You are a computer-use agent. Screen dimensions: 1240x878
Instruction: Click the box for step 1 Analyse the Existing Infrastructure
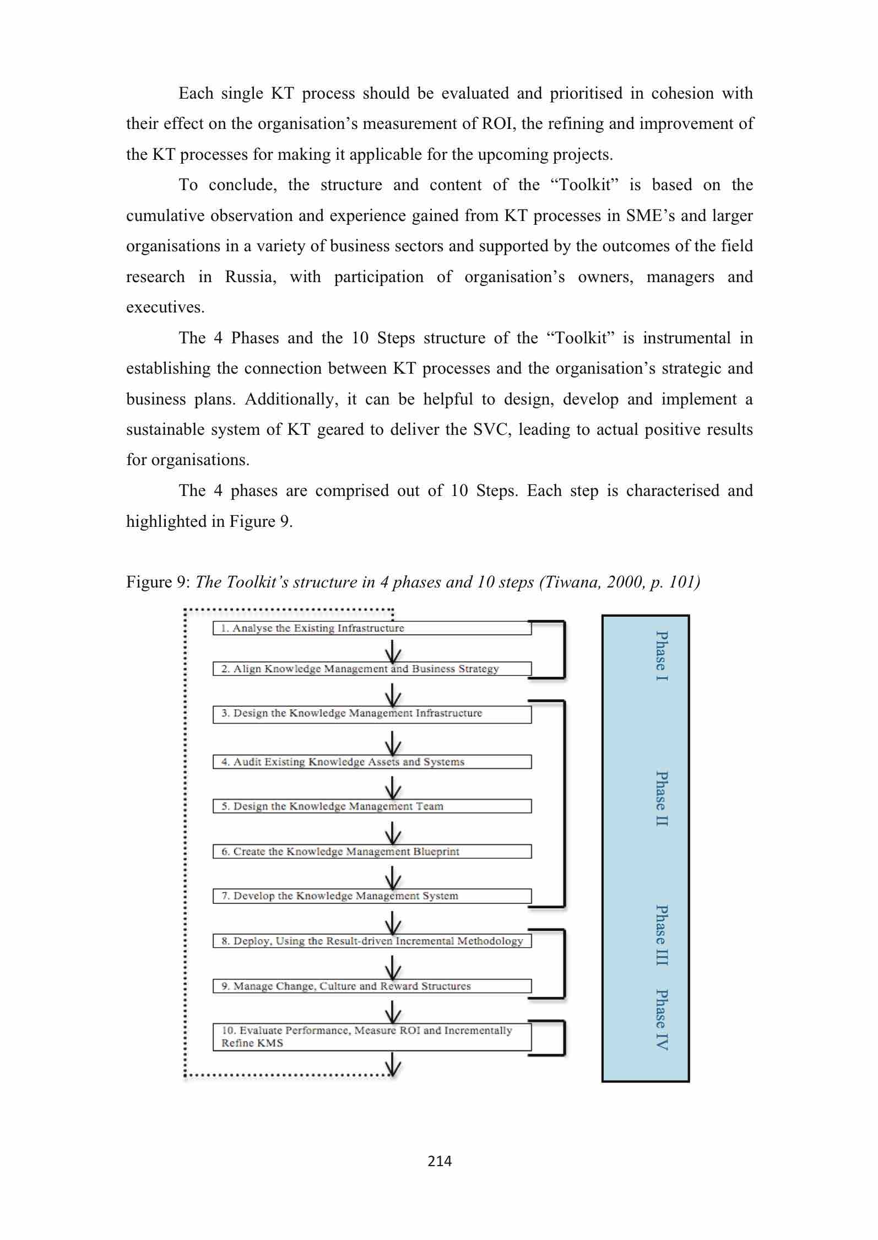point(372,628)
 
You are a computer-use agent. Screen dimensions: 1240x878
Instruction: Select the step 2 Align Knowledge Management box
point(372,669)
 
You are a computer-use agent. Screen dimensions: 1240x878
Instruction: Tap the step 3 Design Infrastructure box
point(372,714)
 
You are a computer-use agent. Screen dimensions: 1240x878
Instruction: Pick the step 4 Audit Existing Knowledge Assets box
point(372,762)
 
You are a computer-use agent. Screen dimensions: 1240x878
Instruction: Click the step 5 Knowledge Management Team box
point(372,806)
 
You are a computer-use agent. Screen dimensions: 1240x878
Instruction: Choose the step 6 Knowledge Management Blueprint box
point(372,851)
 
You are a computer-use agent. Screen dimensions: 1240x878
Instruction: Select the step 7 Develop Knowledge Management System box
point(372,896)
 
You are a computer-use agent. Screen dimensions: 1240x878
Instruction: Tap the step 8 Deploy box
point(372,941)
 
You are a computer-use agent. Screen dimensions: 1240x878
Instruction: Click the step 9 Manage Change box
point(372,986)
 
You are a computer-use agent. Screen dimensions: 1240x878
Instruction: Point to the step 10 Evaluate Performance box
point(372,1037)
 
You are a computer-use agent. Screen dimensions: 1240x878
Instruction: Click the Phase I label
point(662,656)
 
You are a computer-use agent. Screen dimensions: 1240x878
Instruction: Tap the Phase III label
point(662,935)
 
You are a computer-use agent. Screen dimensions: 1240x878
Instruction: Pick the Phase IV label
point(662,1020)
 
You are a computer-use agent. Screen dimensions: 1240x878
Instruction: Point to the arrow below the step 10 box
point(393,1064)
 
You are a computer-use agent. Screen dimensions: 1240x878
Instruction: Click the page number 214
point(440,1161)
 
